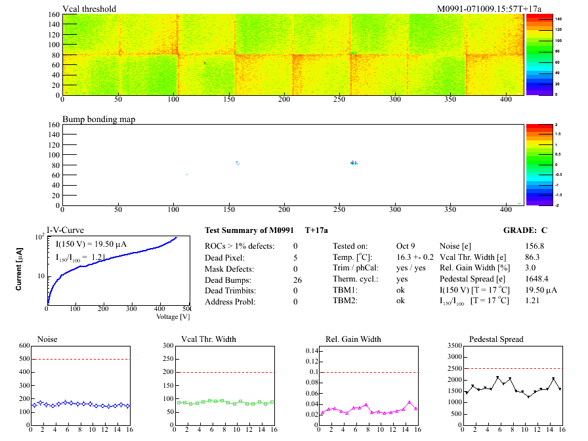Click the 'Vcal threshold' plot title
89,9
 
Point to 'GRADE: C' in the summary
526,230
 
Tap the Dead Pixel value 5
295,257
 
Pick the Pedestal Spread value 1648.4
537,279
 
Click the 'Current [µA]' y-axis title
20,269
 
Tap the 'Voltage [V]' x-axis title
173,317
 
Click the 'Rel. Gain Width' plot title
353,339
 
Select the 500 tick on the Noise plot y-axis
24,359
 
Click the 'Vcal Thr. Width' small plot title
209,339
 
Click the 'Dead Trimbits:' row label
230,290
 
